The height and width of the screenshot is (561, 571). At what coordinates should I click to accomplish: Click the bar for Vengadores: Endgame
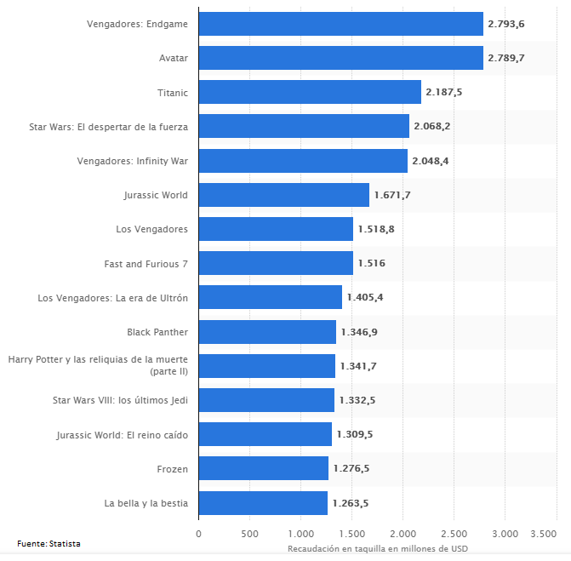click(340, 24)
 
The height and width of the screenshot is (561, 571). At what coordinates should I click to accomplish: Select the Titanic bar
click(310, 92)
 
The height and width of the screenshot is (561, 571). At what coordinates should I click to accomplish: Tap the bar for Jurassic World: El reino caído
click(265, 434)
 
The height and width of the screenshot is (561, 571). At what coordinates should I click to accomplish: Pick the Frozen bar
click(263, 468)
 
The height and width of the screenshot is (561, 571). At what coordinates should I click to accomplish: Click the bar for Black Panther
click(267, 332)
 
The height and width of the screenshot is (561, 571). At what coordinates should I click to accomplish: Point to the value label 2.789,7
click(505, 58)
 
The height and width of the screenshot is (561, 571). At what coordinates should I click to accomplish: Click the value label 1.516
click(372, 263)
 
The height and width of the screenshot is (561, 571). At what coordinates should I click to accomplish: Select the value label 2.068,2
click(431, 126)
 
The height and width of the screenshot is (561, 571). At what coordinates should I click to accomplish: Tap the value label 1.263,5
click(350, 502)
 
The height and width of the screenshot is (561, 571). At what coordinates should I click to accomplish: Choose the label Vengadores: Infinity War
click(132, 160)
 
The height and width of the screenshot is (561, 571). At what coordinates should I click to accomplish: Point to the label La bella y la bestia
click(146, 502)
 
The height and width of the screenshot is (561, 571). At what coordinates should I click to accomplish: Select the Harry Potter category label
click(97, 365)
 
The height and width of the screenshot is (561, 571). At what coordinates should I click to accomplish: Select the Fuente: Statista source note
click(49, 542)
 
